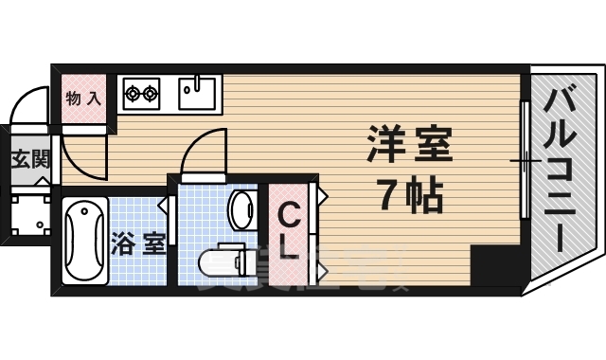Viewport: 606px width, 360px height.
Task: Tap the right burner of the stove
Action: tap(151, 93)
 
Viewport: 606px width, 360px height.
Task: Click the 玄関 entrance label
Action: tap(29, 158)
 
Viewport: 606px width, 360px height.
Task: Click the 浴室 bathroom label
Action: tap(138, 243)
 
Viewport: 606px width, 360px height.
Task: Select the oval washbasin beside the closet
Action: tap(242, 208)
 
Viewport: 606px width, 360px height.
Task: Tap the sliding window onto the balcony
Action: tap(524, 161)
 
